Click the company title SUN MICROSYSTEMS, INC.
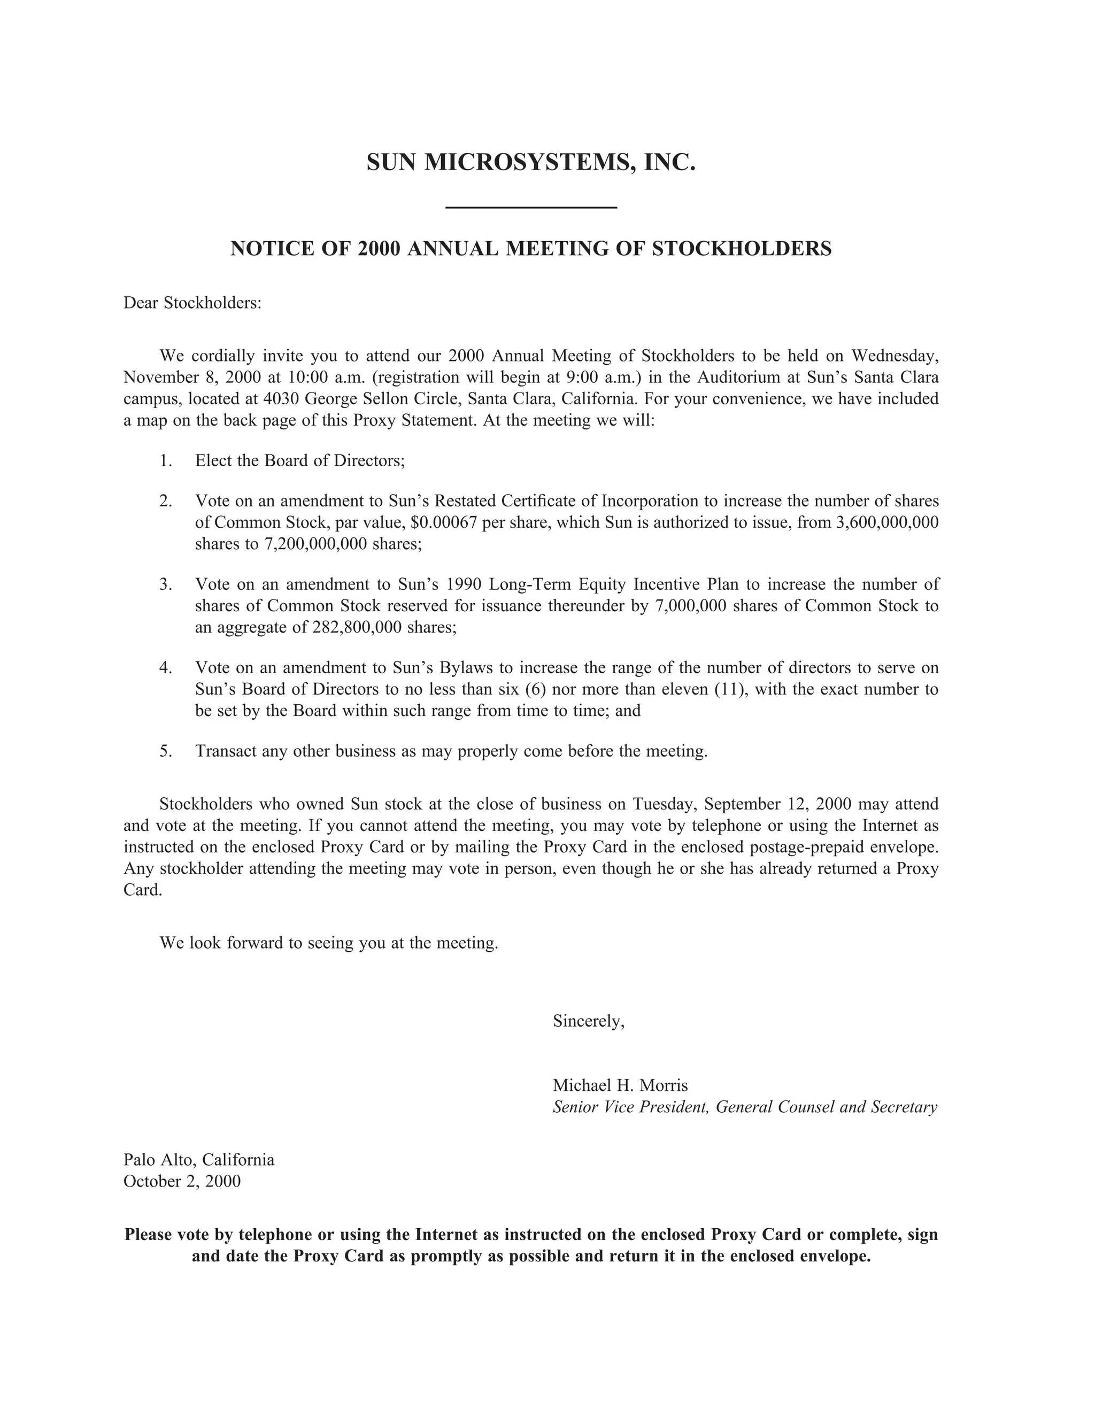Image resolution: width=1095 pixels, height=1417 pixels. click(530, 162)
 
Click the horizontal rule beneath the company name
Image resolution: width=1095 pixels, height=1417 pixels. click(531, 207)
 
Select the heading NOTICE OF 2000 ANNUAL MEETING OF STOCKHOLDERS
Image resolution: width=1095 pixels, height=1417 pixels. click(530, 249)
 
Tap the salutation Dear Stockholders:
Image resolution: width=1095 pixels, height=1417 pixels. click(192, 303)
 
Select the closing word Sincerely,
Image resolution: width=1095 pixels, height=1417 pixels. click(588, 1021)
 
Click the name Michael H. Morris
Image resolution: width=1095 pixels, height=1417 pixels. click(620, 1085)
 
